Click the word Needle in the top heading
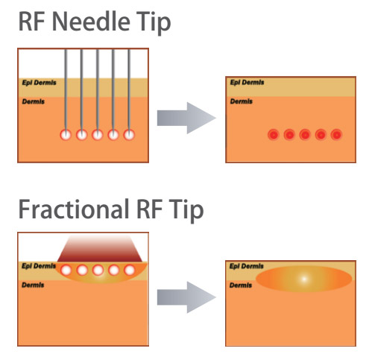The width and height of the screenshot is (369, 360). tap(91, 22)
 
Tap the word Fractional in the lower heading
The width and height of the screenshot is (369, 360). tap(74, 209)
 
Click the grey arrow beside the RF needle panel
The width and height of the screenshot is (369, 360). tap(186, 118)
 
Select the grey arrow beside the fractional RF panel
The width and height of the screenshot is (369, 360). tap(186, 297)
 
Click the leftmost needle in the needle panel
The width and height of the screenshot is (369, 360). tap(66, 89)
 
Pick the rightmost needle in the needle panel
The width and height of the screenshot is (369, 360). tap(129, 89)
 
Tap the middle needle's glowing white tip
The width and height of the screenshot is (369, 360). tap(97, 135)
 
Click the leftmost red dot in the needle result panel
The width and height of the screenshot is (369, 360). tap(274, 135)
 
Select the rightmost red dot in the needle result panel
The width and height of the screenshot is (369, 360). tap(336, 135)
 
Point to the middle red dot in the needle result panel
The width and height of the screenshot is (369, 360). tap(305, 135)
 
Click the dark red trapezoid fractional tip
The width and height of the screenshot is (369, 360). tap(99, 249)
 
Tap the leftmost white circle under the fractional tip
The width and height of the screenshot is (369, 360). tap(66, 270)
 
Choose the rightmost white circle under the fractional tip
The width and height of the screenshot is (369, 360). tap(130, 270)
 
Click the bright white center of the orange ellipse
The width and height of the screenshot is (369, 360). tap(304, 279)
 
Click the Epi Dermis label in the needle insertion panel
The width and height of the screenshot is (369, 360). tap(39, 83)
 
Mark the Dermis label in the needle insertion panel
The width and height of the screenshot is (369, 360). tap(34, 101)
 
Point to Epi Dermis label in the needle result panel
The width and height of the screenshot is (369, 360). tap(247, 82)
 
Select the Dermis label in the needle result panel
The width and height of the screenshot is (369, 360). tap(242, 101)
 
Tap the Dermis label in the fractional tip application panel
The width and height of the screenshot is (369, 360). tap(33, 285)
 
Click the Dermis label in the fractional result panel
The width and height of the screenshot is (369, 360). tap(241, 285)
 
